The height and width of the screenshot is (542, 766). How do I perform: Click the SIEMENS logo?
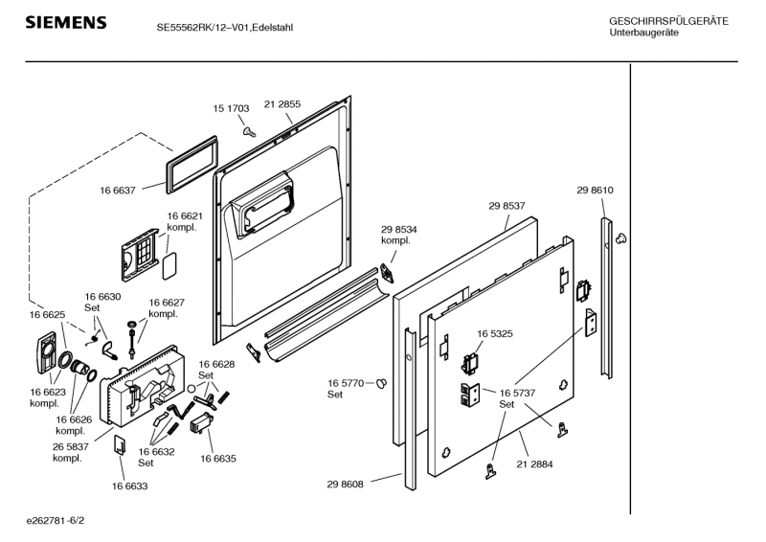pos(65,22)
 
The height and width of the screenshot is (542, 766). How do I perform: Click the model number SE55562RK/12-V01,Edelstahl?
pos(224,28)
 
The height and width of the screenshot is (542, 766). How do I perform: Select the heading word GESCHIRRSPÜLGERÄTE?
pos(668,21)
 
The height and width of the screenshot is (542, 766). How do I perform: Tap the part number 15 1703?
pos(231,109)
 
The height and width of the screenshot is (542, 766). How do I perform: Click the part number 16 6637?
pos(118,191)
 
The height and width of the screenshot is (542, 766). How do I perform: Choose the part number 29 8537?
pos(507,206)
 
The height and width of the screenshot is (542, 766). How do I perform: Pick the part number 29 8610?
pos(595,191)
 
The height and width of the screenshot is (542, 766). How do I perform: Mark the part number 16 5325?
pos(494,334)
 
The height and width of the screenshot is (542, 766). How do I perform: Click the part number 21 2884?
pos(534,464)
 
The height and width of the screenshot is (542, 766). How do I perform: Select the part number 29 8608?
pos(346,485)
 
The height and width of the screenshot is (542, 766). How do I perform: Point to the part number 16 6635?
pos(218,459)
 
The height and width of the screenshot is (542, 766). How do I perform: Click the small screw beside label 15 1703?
pos(248,129)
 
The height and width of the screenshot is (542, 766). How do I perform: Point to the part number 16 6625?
pos(47,314)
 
